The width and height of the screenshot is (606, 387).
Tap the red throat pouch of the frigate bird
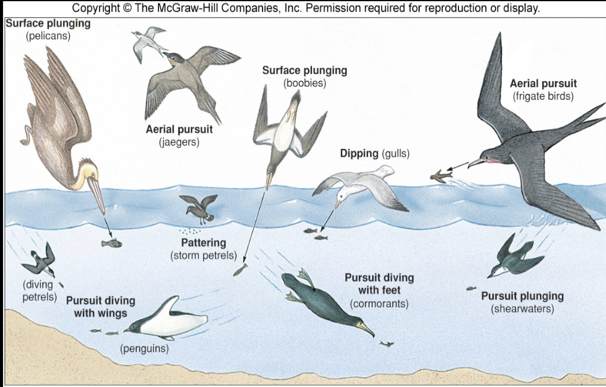(x=489, y=161)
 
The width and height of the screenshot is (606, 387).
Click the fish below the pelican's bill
(x=111, y=243)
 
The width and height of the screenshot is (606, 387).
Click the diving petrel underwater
(x=40, y=260)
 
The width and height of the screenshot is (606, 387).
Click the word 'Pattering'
(x=203, y=243)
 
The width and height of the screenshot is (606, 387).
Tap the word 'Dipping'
(x=359, y=154)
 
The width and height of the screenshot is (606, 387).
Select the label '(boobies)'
(x=304, y=83)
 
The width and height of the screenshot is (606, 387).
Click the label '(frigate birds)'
(x=543, y=96)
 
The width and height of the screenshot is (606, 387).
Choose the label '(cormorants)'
(x=379, y=304)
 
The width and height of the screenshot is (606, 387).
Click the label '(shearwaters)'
(x=522, y=309)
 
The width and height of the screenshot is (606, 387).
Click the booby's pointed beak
(x=269, y=181)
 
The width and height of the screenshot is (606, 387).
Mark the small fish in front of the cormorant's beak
(x=386, y=344)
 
